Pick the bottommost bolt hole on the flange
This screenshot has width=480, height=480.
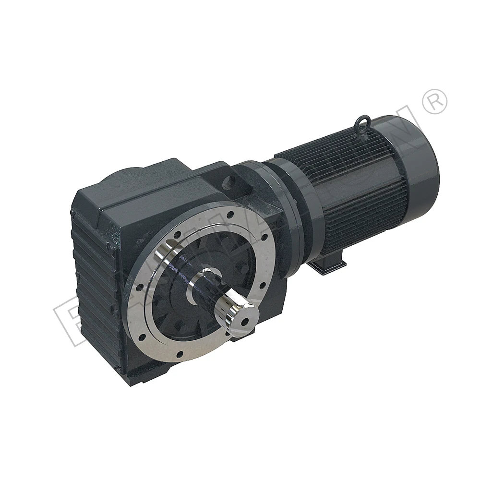click(x=179, y=356)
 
